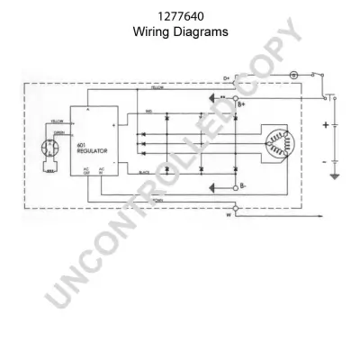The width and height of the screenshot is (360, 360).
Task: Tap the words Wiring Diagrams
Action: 180,31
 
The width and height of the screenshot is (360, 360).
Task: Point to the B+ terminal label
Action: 240,106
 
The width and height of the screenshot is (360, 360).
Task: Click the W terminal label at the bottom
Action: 227,217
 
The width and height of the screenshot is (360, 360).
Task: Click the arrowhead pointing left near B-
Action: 214,187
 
